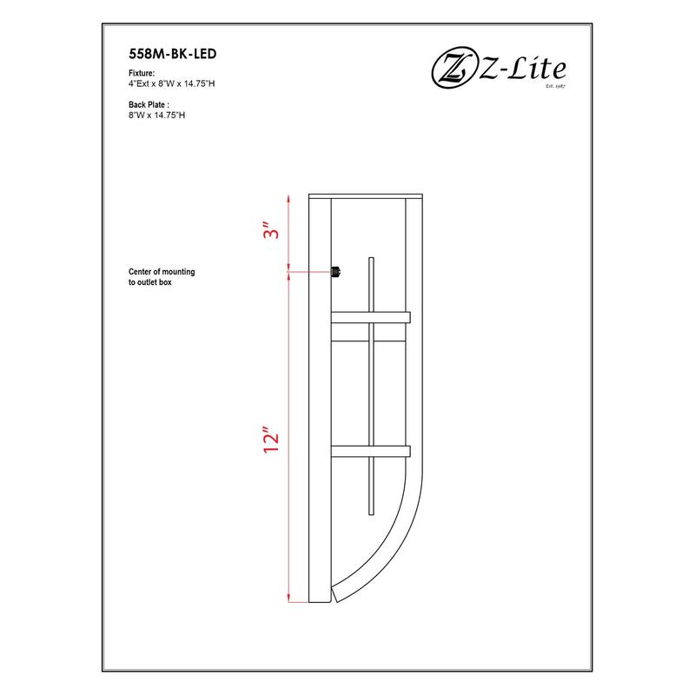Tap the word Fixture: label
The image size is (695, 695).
(x=141, y=74)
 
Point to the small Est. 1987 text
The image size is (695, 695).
(x=555, y=87)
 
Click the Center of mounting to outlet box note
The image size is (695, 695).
(x=162, y=277)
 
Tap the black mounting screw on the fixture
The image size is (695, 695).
(x=334, y=273)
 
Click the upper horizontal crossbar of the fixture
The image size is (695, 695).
(x=370, y=317)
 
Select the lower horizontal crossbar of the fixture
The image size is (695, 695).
(x=370, y=451)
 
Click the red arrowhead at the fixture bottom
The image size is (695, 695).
(x=288, y=597)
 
